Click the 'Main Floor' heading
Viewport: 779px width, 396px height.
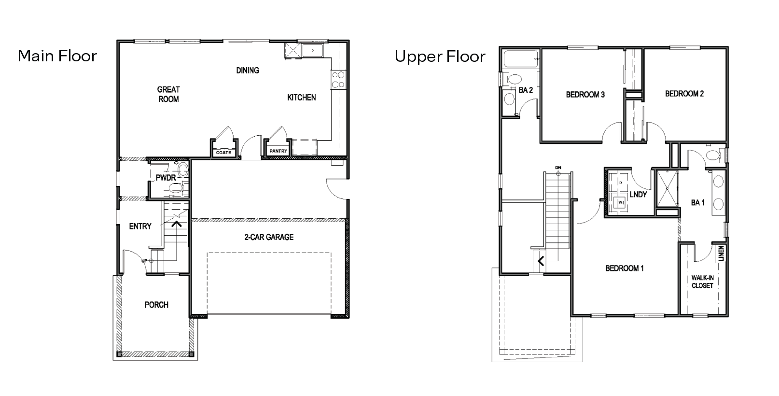(x=57, y=56)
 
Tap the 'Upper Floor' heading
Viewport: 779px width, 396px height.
(x=440, y=57)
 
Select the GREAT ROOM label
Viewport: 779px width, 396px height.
(x=168, y=94)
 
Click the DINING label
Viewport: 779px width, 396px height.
(x=248, y=71)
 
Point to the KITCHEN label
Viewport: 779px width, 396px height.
(x=302, y=98)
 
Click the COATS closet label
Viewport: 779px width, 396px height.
(x=223, y=153)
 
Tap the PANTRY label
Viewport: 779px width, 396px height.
(x=278, y=151)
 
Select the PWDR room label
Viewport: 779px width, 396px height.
(x=165, y=178)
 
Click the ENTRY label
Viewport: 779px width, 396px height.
(x=140, y=226)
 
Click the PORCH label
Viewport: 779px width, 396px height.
(x=156, y=305)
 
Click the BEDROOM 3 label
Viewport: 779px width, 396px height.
(x=585, y=95)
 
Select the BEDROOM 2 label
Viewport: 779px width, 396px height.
(x=684, y=94)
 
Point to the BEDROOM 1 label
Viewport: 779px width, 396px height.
(x=624, y=268)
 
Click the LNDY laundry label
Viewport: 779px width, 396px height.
(x=638, y=194)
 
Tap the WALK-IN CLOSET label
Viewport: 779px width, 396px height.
(x=702, y=282)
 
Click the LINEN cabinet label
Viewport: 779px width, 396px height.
(x=721, y=254)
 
